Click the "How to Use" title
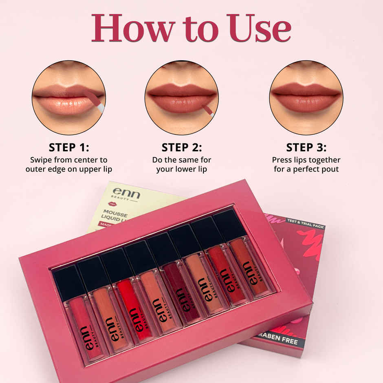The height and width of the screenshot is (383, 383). (191, 28)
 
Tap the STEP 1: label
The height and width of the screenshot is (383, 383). (68, 147)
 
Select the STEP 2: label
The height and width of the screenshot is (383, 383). (181, 147)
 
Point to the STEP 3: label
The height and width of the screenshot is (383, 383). (306, 147)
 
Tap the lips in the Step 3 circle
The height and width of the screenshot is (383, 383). (306, 98)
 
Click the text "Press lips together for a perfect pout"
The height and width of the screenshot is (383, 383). (306, 164)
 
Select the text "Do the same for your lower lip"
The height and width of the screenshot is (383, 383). (181, 164)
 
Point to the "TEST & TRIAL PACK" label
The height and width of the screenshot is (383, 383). (304, 221)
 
